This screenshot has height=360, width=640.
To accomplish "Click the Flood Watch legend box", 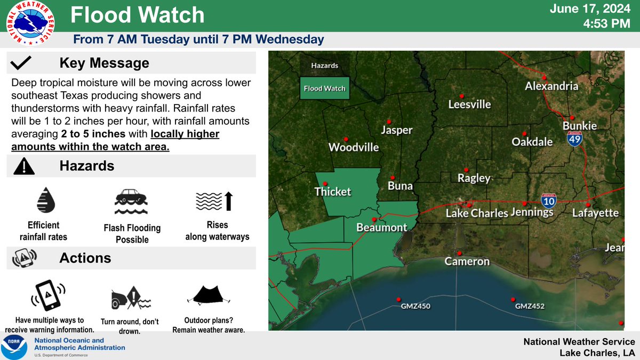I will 324,89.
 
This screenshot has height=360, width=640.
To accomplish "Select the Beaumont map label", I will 382,228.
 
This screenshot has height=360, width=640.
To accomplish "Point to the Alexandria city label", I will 551,86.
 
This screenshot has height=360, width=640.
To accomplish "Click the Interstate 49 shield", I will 574,139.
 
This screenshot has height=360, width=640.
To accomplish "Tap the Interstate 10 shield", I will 549,201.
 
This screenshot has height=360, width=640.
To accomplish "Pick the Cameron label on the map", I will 467,261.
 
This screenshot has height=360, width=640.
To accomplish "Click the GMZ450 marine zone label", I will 415,307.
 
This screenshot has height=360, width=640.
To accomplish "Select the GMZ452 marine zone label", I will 530,307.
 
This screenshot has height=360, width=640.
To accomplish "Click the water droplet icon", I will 45,200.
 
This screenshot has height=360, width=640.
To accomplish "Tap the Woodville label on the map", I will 354,147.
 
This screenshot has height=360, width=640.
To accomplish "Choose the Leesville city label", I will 469,105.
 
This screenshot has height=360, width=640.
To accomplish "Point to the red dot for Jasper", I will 389,121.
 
